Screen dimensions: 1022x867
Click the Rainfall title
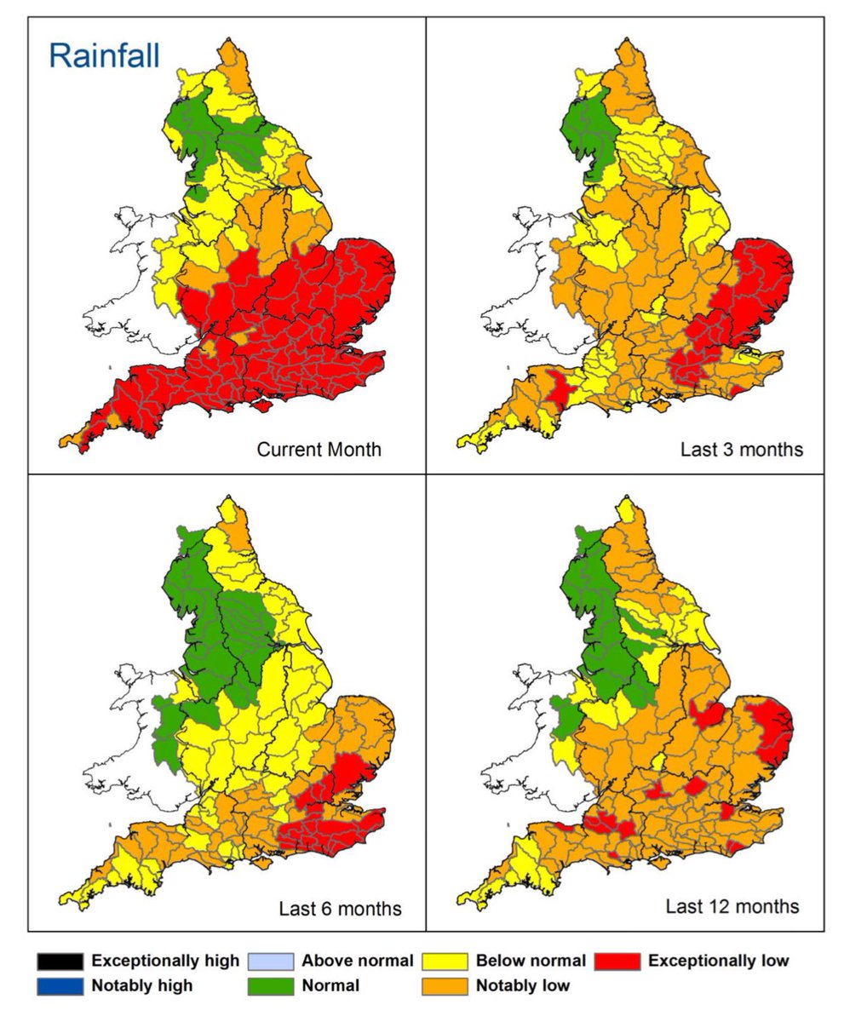pyautogui.click(x=103, y=56)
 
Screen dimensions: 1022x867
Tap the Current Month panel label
pyautogui.click(x=319, y=449)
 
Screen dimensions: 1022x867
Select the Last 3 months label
pyautogui.click(x=741, y=449)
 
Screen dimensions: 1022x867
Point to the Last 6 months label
pyautogui.click(x=340, y=909)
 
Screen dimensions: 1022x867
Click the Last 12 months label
pyautogui.click(x=732, y=905)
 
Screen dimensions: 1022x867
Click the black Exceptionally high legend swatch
pyautogui.click(x=60, y=962)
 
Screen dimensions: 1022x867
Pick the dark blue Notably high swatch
pyautogui.click(x=60, y=986)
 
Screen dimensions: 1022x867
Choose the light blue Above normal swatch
pyautogui.click(x=270, y=962)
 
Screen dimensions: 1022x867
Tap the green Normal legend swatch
pyautogui.click(x=270, y=986)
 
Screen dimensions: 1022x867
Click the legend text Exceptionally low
pyautogui.click(x=718, y=961)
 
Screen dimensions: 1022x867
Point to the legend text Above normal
pyautogui.click(x=357, y=961)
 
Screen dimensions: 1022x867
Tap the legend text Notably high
pyautogui.click(x=141, y=985)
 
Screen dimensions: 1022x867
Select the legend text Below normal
pyautogui.click(x=531, y=961)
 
